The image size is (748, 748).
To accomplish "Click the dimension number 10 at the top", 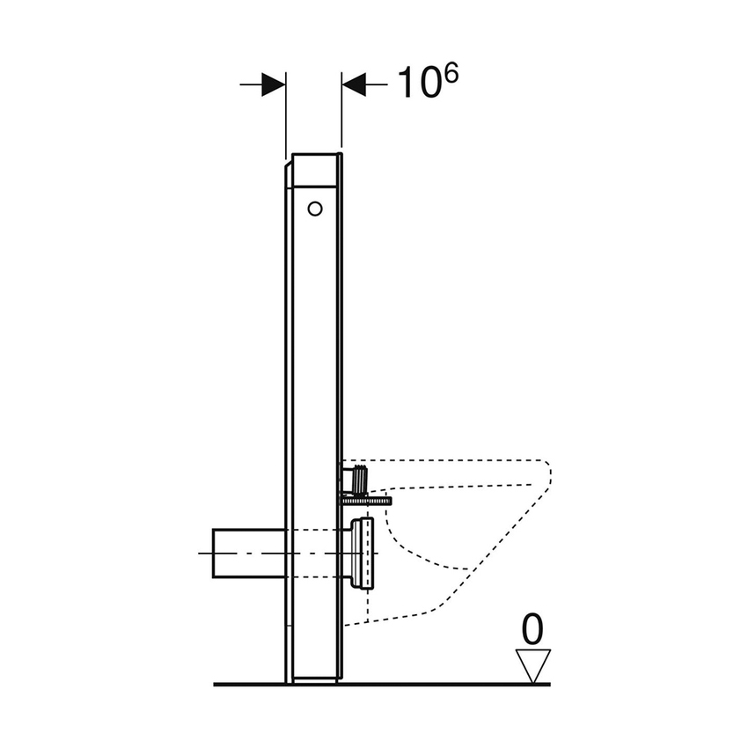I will point(419,83).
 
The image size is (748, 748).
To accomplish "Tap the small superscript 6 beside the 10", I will point(450,74).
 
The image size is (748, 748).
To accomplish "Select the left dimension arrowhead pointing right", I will point(274,84).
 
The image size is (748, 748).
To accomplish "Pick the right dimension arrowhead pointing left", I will point(354,84).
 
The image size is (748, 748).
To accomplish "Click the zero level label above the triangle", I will point(532,630).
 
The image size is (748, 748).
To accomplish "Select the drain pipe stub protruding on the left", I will point(249,554).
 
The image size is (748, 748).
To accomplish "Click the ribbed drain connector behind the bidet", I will point(362,554).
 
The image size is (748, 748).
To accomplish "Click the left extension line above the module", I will point(286,114).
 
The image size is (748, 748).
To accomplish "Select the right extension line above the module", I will point(341,114).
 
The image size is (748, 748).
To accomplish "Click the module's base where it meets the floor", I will point(313,679).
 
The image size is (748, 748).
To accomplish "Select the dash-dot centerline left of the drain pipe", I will point(206,554).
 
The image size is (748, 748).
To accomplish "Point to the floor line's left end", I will point(216,684).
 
